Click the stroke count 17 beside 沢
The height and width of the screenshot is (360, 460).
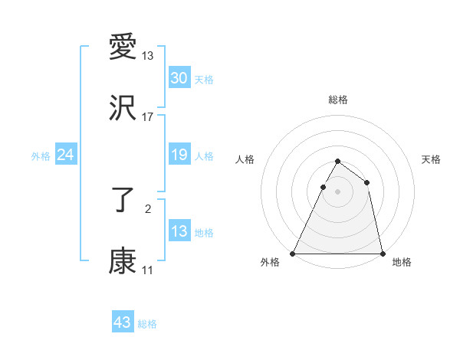148,117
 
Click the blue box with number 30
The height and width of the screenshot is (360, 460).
179,78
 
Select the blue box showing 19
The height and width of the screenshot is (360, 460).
179,155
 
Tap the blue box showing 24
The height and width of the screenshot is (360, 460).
66,155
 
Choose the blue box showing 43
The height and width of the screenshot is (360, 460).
123,322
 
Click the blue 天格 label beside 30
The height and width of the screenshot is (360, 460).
204,80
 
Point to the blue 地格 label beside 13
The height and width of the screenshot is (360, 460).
204,233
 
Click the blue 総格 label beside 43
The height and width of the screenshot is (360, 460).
147,324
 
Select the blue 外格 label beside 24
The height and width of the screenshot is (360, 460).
41,156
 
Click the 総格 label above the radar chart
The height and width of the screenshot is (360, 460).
338,100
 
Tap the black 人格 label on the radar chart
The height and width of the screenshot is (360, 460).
245,159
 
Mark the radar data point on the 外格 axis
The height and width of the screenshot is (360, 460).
293,253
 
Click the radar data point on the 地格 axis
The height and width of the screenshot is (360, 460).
382,253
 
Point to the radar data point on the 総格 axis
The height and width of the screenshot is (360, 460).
337,161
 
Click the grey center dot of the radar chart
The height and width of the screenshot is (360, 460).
337,191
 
